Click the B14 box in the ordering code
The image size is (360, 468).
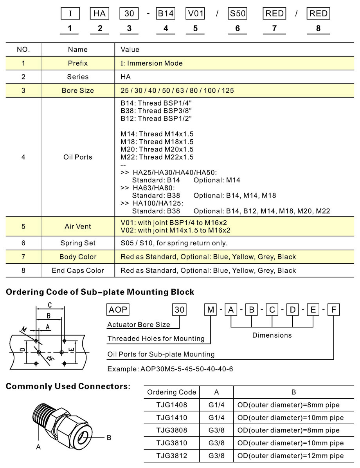(x=166, y=14)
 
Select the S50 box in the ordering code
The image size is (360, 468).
(x=237, y=14)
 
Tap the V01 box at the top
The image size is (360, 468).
(x=195, y=14)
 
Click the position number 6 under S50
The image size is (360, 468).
(x=237, y=28)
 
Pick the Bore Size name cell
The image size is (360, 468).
(x=78, y=90)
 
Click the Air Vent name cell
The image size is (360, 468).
(x=78, y=227)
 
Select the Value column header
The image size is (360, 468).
(x=130, y=50)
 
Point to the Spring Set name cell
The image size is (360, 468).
(x=78, y=243)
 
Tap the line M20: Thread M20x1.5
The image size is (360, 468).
(x=157, y=149)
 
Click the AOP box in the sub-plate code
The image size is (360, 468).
(x=118, y=310)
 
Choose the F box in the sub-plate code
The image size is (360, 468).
(x=333, y=310)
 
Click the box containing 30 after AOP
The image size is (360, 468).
(x=180, y=310)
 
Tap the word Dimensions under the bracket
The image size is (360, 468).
(x=272, y=335)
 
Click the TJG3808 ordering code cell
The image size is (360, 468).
(x=172, y=430)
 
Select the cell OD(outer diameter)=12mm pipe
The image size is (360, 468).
(x=291, y=456)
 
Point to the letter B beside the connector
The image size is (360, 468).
(x=109, y=437)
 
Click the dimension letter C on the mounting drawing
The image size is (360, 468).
(x=50, y=305)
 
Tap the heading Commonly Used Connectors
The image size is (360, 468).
(x=68, y=387)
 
